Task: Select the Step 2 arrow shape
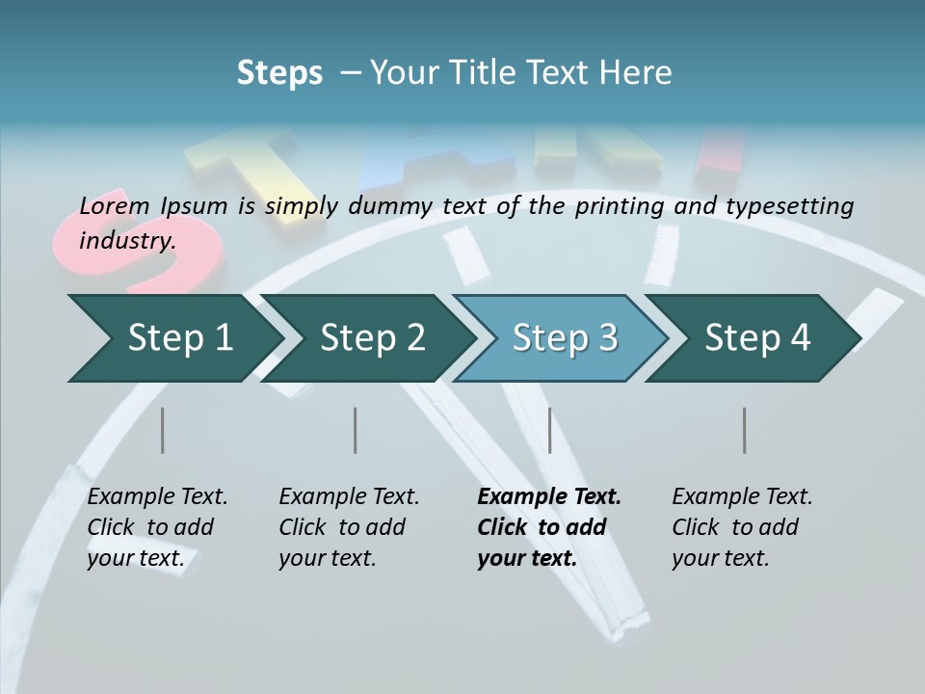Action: (x=372, y=338)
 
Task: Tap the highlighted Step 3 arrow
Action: (x=565, y=338)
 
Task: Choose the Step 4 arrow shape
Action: (x=757, y=338)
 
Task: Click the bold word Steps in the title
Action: (x=279, y=73)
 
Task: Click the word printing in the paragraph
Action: (x=619, y=206)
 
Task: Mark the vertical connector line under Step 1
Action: (x=163, y=430)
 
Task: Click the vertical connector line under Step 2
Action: (x=356, y=430)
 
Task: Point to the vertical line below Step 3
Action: (x=549, y=430)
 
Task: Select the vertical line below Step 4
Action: (x=744, y=430)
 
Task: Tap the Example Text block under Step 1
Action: (x=157, y=527)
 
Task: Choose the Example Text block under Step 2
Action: (x=349, y=527)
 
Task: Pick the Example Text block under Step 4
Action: (x=742, y=527)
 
